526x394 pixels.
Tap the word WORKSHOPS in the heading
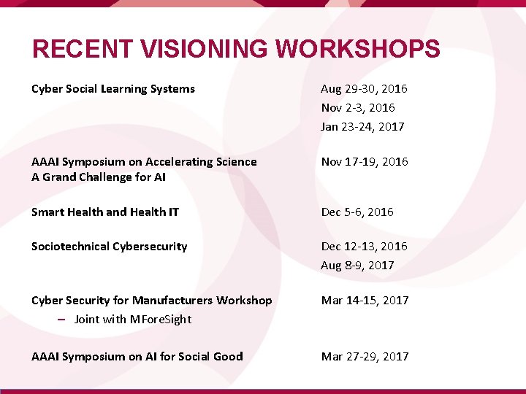pos(358,50)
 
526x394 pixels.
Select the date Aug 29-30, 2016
pos(364,89)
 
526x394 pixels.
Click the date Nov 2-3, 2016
pos(358,107)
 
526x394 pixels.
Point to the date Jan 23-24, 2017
pos(362,126)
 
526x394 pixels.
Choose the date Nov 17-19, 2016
pos(364,161)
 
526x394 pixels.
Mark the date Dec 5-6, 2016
pos(357,212)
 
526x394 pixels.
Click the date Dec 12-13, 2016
pos(364,247)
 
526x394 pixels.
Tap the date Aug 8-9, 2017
pos(357,265)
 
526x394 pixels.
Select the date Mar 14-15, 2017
pos(365,300)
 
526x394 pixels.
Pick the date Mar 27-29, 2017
pos(365,356)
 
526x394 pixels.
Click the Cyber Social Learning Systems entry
pos(113,89)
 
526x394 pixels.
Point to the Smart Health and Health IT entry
pos(105,212)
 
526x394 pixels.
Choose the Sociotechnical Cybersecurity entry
pos(110,247)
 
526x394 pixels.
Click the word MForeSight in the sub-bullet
pos(160,319)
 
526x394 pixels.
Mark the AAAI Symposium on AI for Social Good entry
pos(137,356)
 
